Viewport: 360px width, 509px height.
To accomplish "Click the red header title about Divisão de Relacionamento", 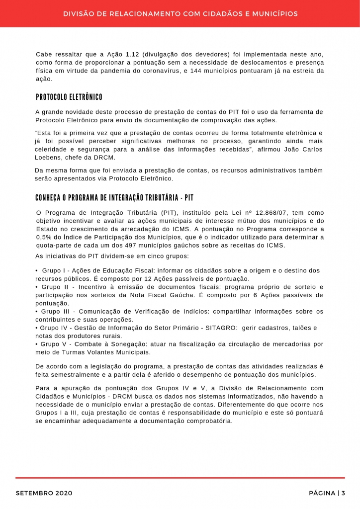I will pos(180,14).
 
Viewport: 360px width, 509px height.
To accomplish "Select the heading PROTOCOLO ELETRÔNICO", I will pos(69,96).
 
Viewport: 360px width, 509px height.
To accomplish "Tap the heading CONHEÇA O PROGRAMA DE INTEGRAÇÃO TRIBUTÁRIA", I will pos(114,198).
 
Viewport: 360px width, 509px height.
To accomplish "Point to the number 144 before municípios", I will pos(197,71).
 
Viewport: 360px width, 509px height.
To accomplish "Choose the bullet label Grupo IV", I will pos(55,328).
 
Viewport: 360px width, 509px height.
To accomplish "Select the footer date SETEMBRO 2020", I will pos(44,493).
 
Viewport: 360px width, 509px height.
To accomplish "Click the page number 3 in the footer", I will pos(343,493).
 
